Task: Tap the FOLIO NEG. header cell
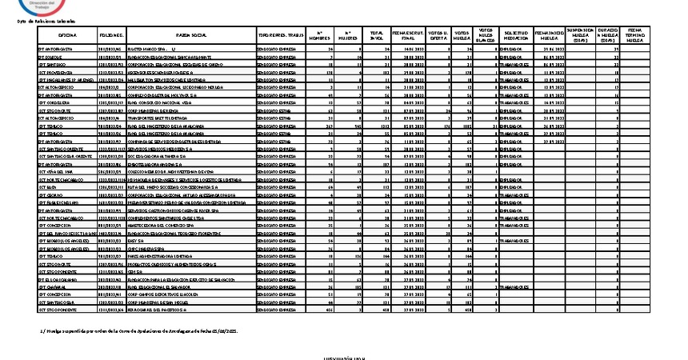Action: pyautogui.click(x=111, y=36)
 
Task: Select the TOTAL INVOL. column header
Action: pyautogui.click(x=374, y=36)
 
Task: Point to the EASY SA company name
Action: pyautogui.click(x=136, y=240)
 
